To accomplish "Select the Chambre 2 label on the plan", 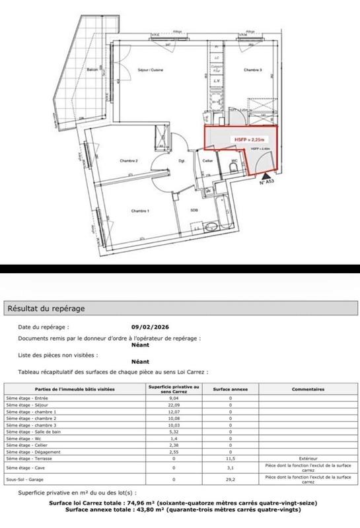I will pyautogui.click(x=127, y=160).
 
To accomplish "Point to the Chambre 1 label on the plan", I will pyautogui.click(x=139, y=211).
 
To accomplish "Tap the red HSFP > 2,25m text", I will pyautogui.click(x=246, y=140).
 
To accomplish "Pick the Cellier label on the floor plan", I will pyautogui.click(x=207, y=160).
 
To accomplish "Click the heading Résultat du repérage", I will pyautogui.click(x=46, y=308).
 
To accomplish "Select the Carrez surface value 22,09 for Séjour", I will pyautogui.click(x=174, y=406).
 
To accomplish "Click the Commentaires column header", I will pyautogui.click(x=308, y=390).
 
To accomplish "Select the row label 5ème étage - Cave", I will pyautogui.click(x=23, y=468).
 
